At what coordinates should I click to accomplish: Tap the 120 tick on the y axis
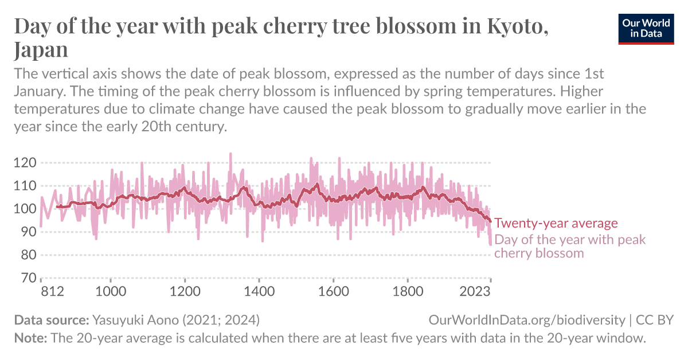point(25,163)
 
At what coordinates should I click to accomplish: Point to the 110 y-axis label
point(25,186)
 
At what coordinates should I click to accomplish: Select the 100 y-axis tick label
point(25,209)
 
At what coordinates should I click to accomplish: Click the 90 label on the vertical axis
point(28,232)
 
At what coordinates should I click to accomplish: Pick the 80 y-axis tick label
point(28,255)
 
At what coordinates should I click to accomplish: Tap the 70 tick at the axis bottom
point(28,277)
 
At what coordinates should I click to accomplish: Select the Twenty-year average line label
point(556,224)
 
